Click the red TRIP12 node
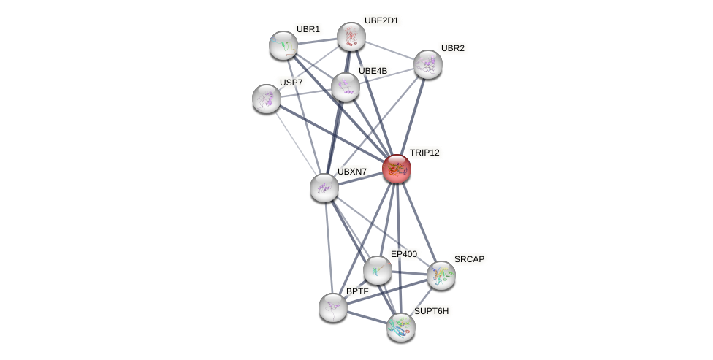[x=397, y=169]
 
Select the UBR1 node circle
[x=283, y=45]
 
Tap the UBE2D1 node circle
[x=351, y=37]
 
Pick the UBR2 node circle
[x=428, y=64]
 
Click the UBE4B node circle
[x=346, y=87]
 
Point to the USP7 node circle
[x=267, y=99]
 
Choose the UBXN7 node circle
[x=324, y=188]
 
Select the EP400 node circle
[x=378, y=270]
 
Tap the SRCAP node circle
[x=441, y=275]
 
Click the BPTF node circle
[x=333, y=307]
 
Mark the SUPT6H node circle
[x=401, y=327]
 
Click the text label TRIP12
[x=424, y=153]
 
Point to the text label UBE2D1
[x=381, y=20]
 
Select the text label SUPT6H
[x=431, y=311]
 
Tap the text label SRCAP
[x=469, y=259]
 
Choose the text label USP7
[x=291, y=83]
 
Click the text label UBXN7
[x=352, y=172]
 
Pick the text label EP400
[x=403, y=254]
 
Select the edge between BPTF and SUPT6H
[x=367, y=317]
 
